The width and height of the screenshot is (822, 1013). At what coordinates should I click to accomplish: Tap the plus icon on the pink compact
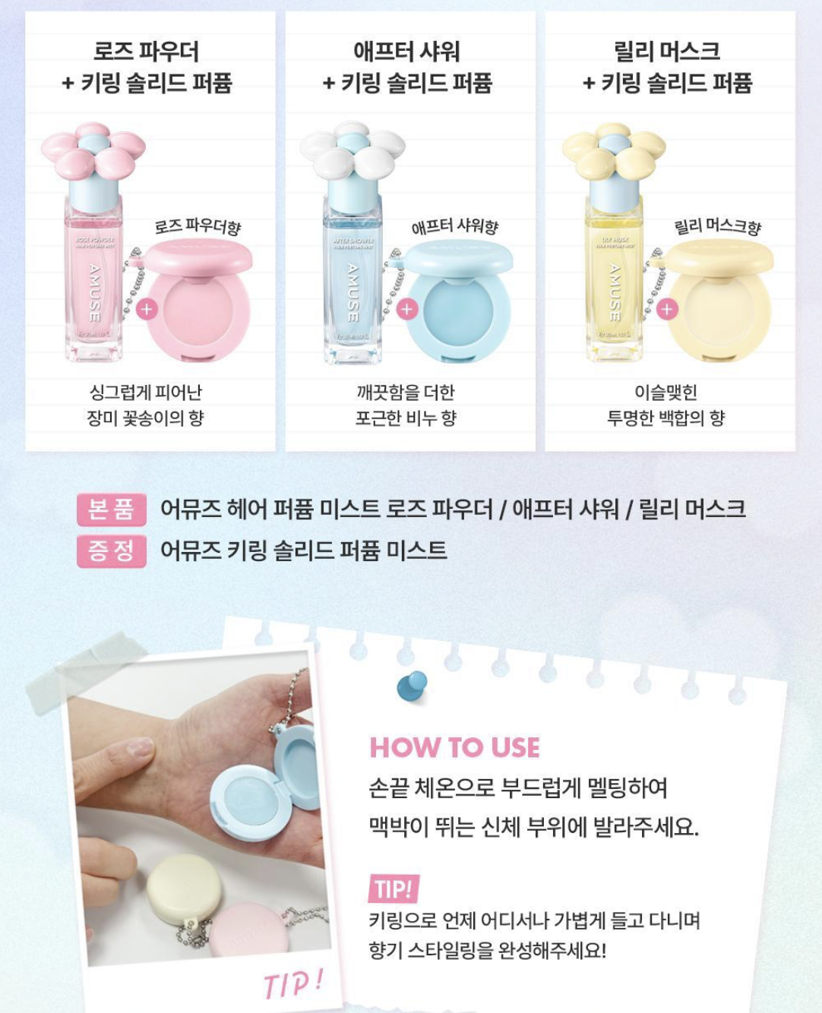point(147,309)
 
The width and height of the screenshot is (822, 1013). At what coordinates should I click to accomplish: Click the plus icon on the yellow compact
point(667,309)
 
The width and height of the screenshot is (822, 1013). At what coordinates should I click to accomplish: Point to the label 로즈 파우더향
point(198,227)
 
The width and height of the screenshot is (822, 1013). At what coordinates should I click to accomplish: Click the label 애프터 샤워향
point(455,226)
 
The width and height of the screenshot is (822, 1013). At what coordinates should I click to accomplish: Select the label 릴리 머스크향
point(717,226)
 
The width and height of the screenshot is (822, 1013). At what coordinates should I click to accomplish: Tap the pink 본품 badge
point(111,509)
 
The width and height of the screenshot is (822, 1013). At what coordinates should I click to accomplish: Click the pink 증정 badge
point(111,551)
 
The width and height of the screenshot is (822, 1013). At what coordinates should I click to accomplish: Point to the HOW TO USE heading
point(454,747)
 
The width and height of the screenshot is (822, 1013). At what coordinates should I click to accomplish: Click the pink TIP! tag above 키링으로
point(394,888)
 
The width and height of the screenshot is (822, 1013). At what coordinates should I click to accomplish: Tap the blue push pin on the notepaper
point(413,685)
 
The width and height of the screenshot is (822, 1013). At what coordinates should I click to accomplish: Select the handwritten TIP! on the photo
point(293,983)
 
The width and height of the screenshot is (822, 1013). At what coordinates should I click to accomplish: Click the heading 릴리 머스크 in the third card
point(667,51)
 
